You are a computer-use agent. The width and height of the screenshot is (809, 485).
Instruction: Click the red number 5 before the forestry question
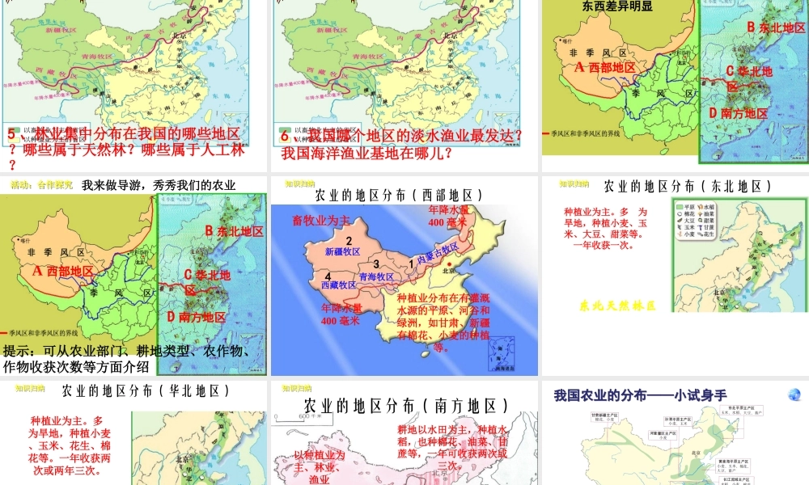coord(11,135)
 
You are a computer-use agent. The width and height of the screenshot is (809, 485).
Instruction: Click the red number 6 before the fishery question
coord(285,135)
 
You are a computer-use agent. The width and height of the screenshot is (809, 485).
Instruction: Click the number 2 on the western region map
coord(348,241)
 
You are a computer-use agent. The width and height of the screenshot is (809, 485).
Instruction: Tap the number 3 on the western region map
coord(376,264)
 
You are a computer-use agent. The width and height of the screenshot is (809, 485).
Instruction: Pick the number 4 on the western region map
coord(317,276)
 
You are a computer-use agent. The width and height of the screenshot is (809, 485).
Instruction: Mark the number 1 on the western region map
coord(411,262)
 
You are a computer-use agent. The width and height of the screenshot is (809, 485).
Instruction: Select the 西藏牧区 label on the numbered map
coord(339,285)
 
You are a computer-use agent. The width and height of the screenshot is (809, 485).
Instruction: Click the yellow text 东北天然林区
coord(616,306)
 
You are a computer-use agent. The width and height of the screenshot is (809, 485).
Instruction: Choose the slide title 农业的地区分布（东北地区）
coord(684,187)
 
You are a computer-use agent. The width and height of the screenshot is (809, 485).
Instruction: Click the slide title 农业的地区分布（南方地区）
coord(406,405)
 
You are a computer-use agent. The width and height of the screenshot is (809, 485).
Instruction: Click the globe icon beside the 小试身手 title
coord(794,394)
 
